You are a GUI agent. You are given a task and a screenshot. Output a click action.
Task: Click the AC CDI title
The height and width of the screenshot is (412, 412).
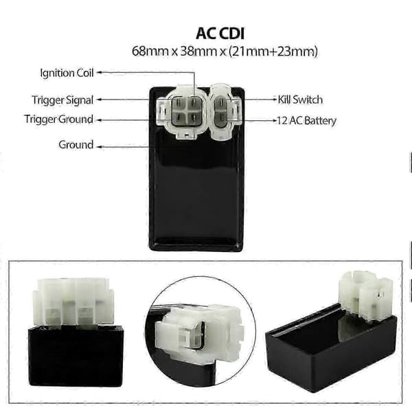coord(220,34)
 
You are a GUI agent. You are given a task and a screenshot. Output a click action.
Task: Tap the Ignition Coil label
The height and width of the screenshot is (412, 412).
coord(67,73)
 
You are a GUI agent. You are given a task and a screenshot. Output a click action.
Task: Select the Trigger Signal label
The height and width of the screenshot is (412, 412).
coord(62,100)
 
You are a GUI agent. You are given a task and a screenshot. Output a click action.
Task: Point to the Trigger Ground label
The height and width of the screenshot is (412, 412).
coord(58,119)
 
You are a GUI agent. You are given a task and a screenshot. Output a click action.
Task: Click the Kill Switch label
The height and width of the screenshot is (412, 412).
coord(300,100)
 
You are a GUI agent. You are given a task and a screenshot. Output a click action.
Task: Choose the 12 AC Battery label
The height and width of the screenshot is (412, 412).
coord(307,121)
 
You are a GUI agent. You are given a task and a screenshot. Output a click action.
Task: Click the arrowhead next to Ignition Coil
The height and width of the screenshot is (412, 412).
coord(98,72)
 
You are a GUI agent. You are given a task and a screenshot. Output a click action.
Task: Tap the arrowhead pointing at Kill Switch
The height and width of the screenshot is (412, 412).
coord(275,100)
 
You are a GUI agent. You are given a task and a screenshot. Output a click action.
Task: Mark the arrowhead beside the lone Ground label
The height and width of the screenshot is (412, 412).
coord(98,147)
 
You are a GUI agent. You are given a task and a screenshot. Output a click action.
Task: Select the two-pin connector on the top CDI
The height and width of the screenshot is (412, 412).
coord(225,111)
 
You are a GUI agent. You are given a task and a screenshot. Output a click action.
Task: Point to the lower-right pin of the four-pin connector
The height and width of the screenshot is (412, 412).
coord(194,117)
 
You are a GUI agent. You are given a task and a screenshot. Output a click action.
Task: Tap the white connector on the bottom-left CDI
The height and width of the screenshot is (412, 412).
coord(73,303)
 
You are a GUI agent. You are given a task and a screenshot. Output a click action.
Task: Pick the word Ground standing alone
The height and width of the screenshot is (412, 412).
coord(76,145)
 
